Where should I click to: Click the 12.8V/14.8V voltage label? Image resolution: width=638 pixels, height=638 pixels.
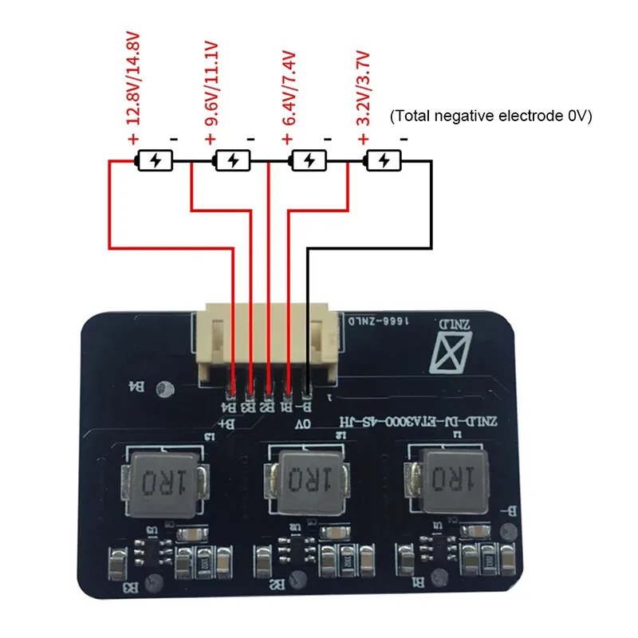(x=132, y=77)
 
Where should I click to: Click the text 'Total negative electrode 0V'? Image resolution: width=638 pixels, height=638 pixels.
(x=490, y=116)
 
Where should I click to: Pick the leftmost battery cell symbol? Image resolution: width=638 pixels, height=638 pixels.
(x=155, y=161)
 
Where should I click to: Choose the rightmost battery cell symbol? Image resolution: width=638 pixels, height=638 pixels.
(x=384, y=161)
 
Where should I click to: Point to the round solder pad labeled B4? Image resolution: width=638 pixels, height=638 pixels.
(x=165, y=388)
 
